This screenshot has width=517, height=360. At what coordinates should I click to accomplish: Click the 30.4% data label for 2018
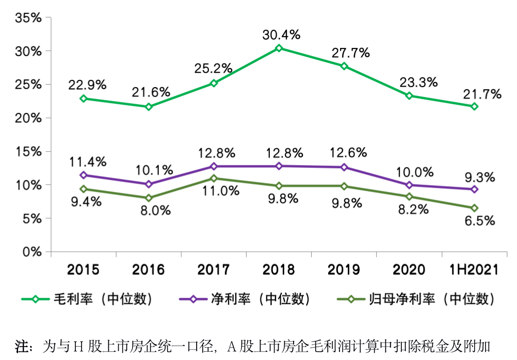point(281,35)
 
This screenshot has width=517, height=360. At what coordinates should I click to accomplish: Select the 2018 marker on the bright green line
point(279,48)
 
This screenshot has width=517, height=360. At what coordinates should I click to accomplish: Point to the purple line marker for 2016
point(149,184)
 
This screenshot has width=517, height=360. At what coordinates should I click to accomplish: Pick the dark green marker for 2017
point(214,178)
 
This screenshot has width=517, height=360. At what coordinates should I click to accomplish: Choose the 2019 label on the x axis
point(344,269)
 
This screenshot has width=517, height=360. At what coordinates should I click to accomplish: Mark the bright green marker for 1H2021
point(474,106)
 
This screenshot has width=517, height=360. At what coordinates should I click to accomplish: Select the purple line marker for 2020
point(409,185)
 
